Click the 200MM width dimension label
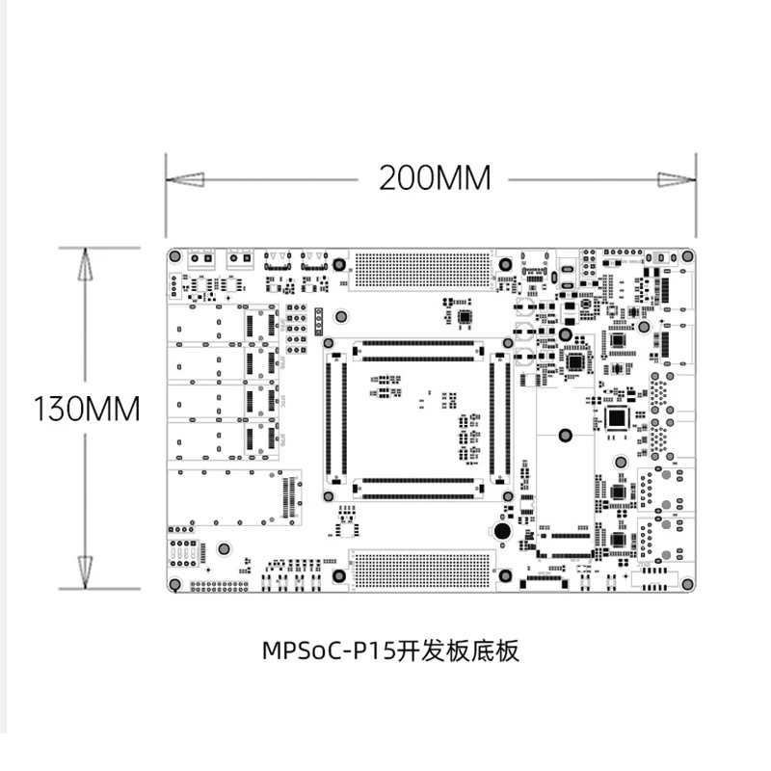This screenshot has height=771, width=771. (434, 178)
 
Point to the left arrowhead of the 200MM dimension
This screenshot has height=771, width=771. (184, 179)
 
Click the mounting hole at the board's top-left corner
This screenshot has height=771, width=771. (175, 257)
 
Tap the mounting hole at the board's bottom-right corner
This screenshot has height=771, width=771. (686, 584)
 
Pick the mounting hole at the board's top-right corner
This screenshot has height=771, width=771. (686, 257)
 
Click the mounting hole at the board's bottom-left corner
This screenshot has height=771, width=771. (175, 584)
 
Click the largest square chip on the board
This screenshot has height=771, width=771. (617, 417)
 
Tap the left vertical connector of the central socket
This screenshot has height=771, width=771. (336, 419)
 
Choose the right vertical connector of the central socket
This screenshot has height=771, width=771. (499, 419)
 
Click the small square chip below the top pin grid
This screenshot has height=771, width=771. (466, 316)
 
